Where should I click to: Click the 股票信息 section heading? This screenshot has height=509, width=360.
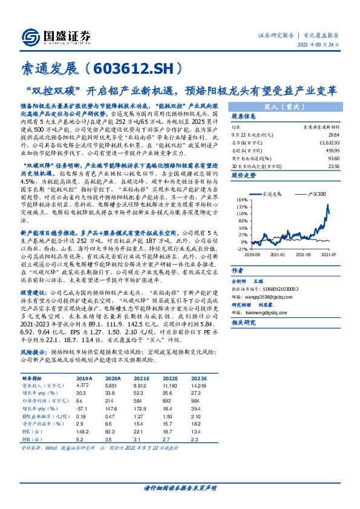pos(244,117)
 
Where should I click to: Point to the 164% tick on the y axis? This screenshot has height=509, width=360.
pos(243,199)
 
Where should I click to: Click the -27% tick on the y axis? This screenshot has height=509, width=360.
pos(243,248)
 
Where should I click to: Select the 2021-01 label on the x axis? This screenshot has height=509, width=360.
pos(278,254)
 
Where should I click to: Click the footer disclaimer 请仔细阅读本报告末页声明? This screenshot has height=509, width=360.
pos(180,487)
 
